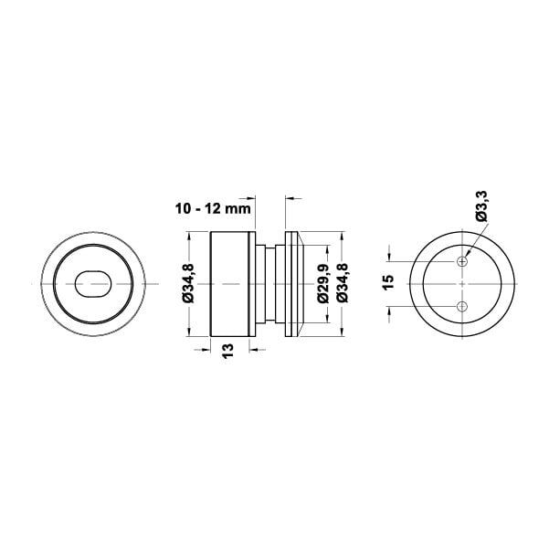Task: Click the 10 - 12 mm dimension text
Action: point(213,208)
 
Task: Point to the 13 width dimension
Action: point(227,351)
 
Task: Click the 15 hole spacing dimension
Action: point(388,282)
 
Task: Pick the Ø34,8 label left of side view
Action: point(188,284)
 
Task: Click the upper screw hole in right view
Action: point(462,261)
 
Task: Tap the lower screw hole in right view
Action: point(462,307)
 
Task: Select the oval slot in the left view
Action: point(93,284)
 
